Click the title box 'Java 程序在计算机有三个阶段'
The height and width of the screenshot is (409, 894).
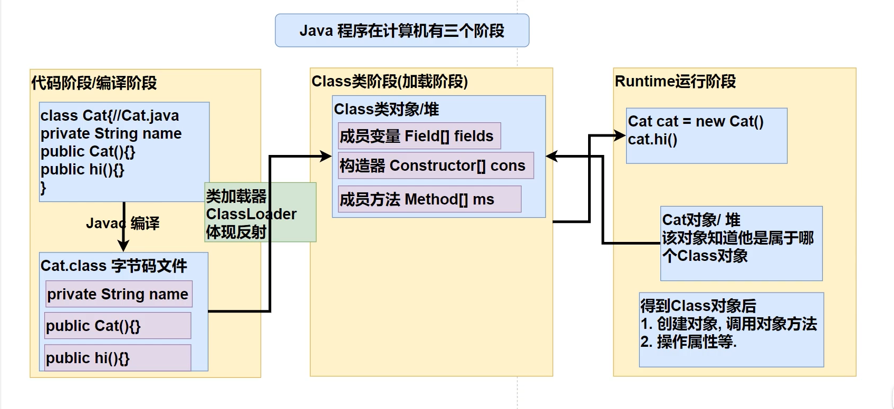pyautogui.click(x=402, y=31)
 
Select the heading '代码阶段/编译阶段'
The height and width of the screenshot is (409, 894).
pyautogui.click(x=94, y=83)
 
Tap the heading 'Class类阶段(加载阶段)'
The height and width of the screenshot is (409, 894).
pyautogui.click(x=389, y=81)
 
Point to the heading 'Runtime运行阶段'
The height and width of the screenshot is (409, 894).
pyautogui.click(x=675, y=81)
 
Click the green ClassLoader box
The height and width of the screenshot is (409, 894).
pyautogui.click(x=261, y=213)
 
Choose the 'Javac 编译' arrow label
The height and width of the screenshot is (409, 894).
pyautogui.click(x=122, y=223)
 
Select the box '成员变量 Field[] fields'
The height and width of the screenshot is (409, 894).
pyautogui.click(x=416, y=136)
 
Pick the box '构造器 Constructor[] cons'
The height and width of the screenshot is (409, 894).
pyautogui.click(x=432, y=165)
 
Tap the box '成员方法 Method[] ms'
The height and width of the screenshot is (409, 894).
pyautogui.click(x=417, y=199)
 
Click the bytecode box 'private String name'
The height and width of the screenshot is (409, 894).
pyautogui.click(x=118, y=294)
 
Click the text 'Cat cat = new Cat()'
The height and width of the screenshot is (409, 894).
pyautogui.click(x=696, y=121)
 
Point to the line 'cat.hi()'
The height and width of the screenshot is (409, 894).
pyautogui.click(x=652, y=139)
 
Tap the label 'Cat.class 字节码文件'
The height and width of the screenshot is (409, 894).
pyautogui.click(x=113, y=265)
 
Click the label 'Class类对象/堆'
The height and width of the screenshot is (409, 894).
pyautogui.click(x=386, y=109)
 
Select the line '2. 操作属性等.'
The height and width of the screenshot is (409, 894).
pyautogui.click(x=688, y=342)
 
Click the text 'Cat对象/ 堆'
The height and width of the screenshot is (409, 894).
pyautogui.click(x=701, y=219)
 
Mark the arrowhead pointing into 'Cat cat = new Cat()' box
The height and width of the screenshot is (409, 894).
pyautogui.click(x=621, y=136)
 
